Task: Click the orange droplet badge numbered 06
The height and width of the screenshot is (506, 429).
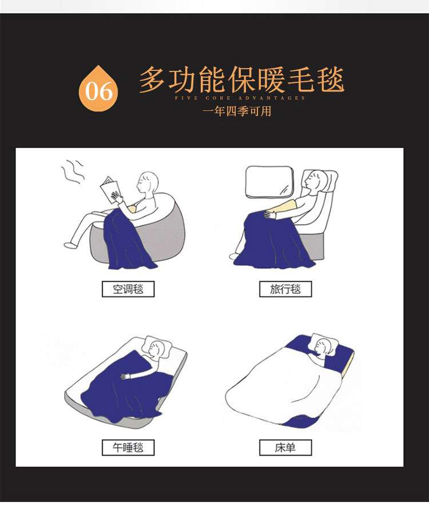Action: coord(98,89)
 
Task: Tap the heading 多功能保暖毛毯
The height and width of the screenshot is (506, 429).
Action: coord(241,79)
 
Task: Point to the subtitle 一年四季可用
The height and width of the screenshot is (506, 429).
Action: coord(237,111)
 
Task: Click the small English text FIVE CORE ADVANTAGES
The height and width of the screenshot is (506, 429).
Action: coord(240,98)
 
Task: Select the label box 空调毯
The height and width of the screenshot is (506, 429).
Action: coord(128,289)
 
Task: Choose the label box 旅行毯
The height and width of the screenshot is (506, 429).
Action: coord(285,289)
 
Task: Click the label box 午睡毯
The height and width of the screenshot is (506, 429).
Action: coord(128,447)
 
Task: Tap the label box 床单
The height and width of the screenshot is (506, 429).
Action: coord(285,447)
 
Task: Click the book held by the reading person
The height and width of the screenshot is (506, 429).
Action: coord(110,189)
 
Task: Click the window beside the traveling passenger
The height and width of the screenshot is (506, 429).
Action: coord(269,182)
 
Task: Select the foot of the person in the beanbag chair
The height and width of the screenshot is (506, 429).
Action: coord(71,245)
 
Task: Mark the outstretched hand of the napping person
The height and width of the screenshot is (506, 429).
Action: coord(125,376)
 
